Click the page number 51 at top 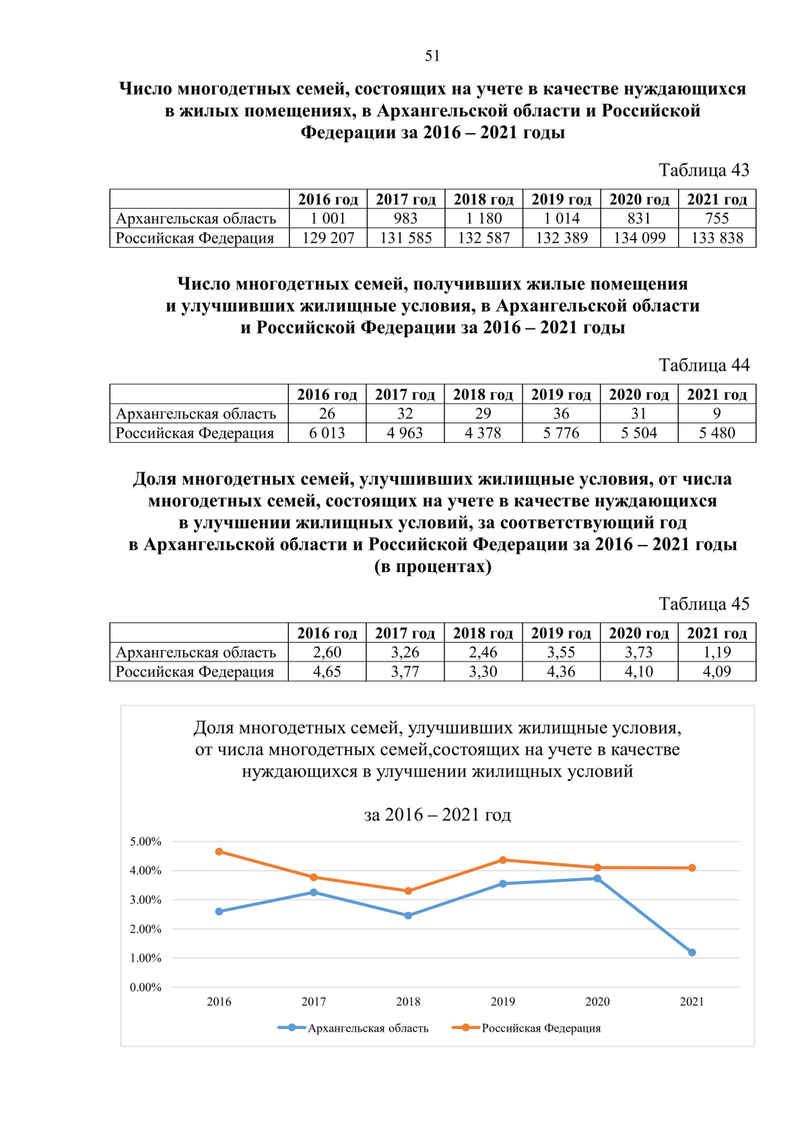point(432,56)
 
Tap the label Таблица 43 point(704,170)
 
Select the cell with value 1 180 point(483,219)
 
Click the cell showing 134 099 point(639,238)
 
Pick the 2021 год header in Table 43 point(717,199)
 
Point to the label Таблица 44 point(704,365)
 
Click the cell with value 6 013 point(327,433)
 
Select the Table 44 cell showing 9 point(717,414)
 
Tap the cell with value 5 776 point(561,433)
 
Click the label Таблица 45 point(704,604)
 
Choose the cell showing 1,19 point(717,652)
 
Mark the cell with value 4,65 point(327,672)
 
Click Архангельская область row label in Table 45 point(196,652)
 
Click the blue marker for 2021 point(692,952)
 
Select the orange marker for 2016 point(219,851)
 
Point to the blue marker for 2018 point(408,915)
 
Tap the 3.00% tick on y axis point(145,900)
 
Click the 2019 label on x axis point(502,1001)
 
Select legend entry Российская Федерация point(541,1028)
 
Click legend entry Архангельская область point(368,1028)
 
